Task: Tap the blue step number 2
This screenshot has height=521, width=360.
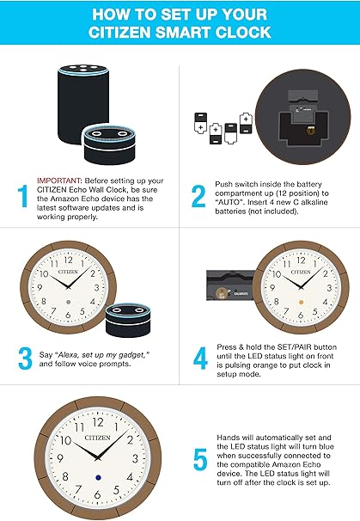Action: tap(197, 194)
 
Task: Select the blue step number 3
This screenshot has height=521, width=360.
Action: tap(23, 359)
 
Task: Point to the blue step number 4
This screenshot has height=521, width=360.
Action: tap(198, 358)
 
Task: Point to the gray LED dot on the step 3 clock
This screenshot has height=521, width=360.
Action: tap(68, 305)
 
